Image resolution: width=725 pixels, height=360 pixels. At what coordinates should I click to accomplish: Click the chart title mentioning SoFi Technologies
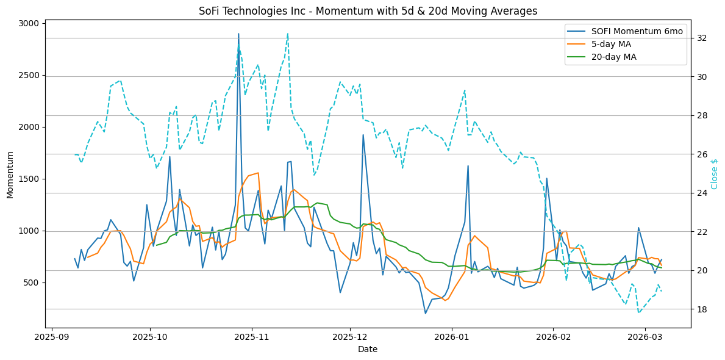click(368, 11)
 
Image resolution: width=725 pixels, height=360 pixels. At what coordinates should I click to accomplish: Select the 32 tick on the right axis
click(702, 38)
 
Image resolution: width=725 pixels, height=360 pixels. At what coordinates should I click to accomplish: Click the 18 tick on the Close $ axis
click(702, 309)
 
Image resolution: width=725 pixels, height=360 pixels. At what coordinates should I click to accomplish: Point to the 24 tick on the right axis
click(702, 193)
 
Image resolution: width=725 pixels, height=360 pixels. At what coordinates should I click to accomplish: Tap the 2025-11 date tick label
click(251, 336)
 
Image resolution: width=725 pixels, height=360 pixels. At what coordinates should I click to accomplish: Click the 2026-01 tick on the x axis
click(452, 336)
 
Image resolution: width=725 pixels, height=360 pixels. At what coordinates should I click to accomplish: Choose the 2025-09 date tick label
click(51, 336)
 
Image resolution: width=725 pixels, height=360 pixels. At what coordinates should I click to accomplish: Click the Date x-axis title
click(368, 350)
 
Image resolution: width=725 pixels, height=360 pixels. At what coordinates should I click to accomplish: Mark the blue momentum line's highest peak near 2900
click(238, 34)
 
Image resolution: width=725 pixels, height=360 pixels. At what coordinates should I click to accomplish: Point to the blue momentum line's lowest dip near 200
click(426, 314)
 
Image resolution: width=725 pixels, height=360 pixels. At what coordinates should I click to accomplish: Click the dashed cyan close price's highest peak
click(288, 34)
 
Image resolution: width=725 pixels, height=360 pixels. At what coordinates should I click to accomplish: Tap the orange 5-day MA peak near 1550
click(259, 173)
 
